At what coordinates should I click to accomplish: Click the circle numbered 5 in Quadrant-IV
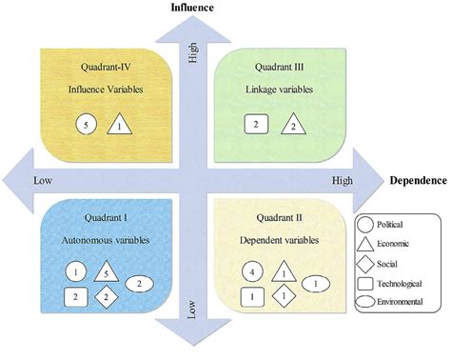(x=86, y=123)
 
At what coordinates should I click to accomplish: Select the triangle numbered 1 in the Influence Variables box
(x=119, y=123)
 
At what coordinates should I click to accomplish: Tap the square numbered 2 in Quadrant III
(x=254, y=124)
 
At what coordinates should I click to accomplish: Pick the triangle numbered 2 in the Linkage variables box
(x=294, y=125)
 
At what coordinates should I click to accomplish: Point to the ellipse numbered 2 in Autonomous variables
(x=140, y=284)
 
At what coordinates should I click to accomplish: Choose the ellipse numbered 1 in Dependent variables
(x=315, y=283)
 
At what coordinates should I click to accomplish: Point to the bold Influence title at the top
(x=191, y=8)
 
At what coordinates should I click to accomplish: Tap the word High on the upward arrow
(x=193, y=59)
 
